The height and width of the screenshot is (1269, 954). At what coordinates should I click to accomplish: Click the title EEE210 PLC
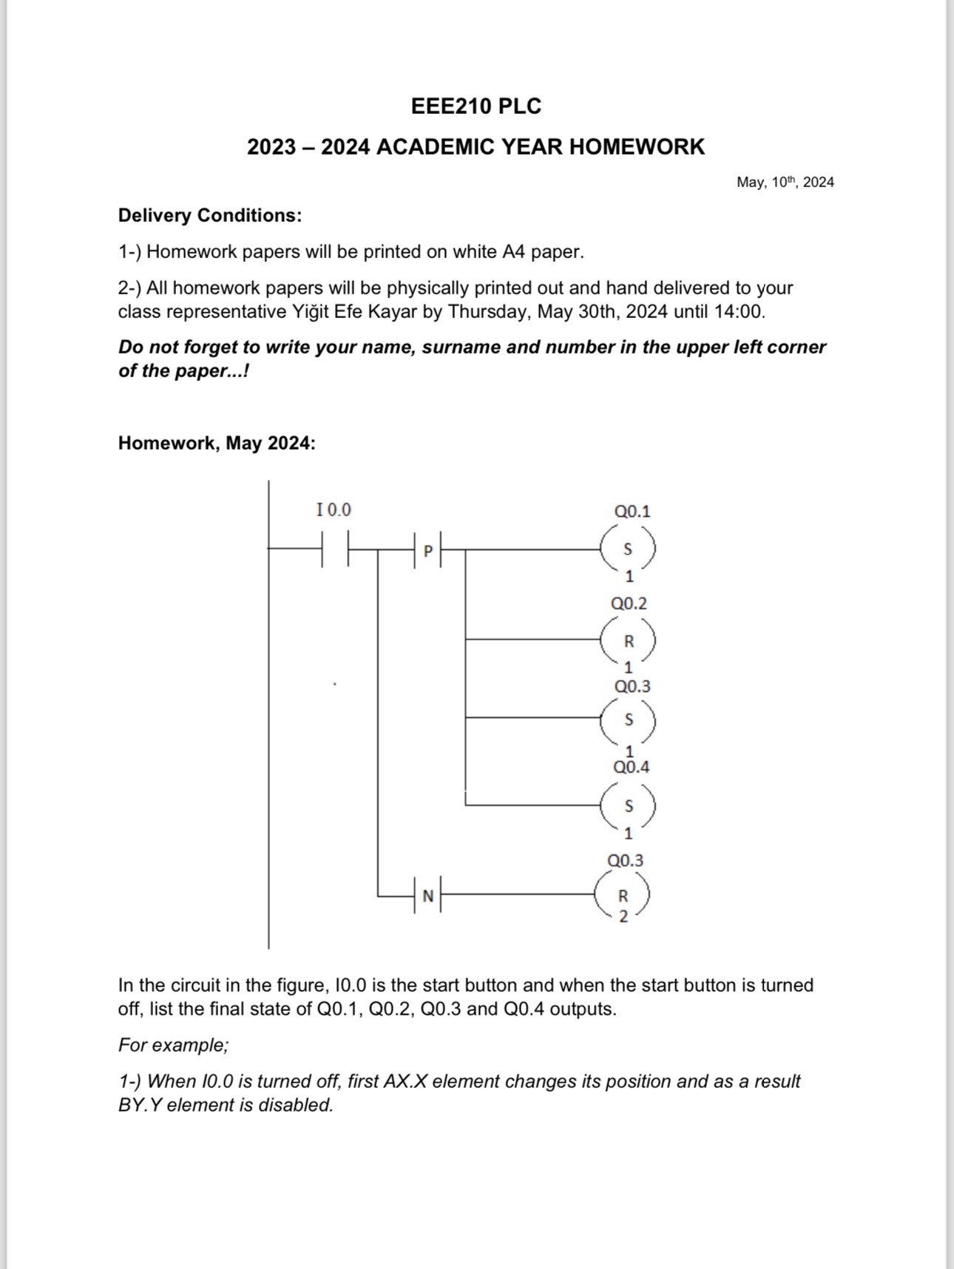point(476,106)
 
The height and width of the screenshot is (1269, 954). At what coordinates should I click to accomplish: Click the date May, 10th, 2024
point(785,182)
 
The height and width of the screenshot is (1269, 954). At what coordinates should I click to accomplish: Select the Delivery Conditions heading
point(210,215)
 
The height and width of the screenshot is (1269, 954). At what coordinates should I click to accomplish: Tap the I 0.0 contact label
point(334,510)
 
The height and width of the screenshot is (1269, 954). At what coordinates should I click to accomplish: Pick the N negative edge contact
point(427,896)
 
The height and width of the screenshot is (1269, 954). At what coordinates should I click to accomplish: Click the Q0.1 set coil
point(628,549)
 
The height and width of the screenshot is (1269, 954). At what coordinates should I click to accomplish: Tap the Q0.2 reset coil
point(628,640)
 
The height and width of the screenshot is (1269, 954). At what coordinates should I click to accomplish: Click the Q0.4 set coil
point(628,805)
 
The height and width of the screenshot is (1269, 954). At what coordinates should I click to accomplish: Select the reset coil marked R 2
point(623,896)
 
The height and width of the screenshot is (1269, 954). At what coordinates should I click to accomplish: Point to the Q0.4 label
point(631,767)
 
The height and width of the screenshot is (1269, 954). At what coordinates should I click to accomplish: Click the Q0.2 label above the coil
point(629,603)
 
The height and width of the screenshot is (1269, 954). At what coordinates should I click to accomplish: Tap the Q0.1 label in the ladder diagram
point(632,511)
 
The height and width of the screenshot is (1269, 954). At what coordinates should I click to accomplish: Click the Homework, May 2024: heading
point(217,443)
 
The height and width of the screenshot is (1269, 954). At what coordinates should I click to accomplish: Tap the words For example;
point(174,1045)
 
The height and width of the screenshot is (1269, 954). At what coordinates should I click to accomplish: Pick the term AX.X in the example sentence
point(405,1081)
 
